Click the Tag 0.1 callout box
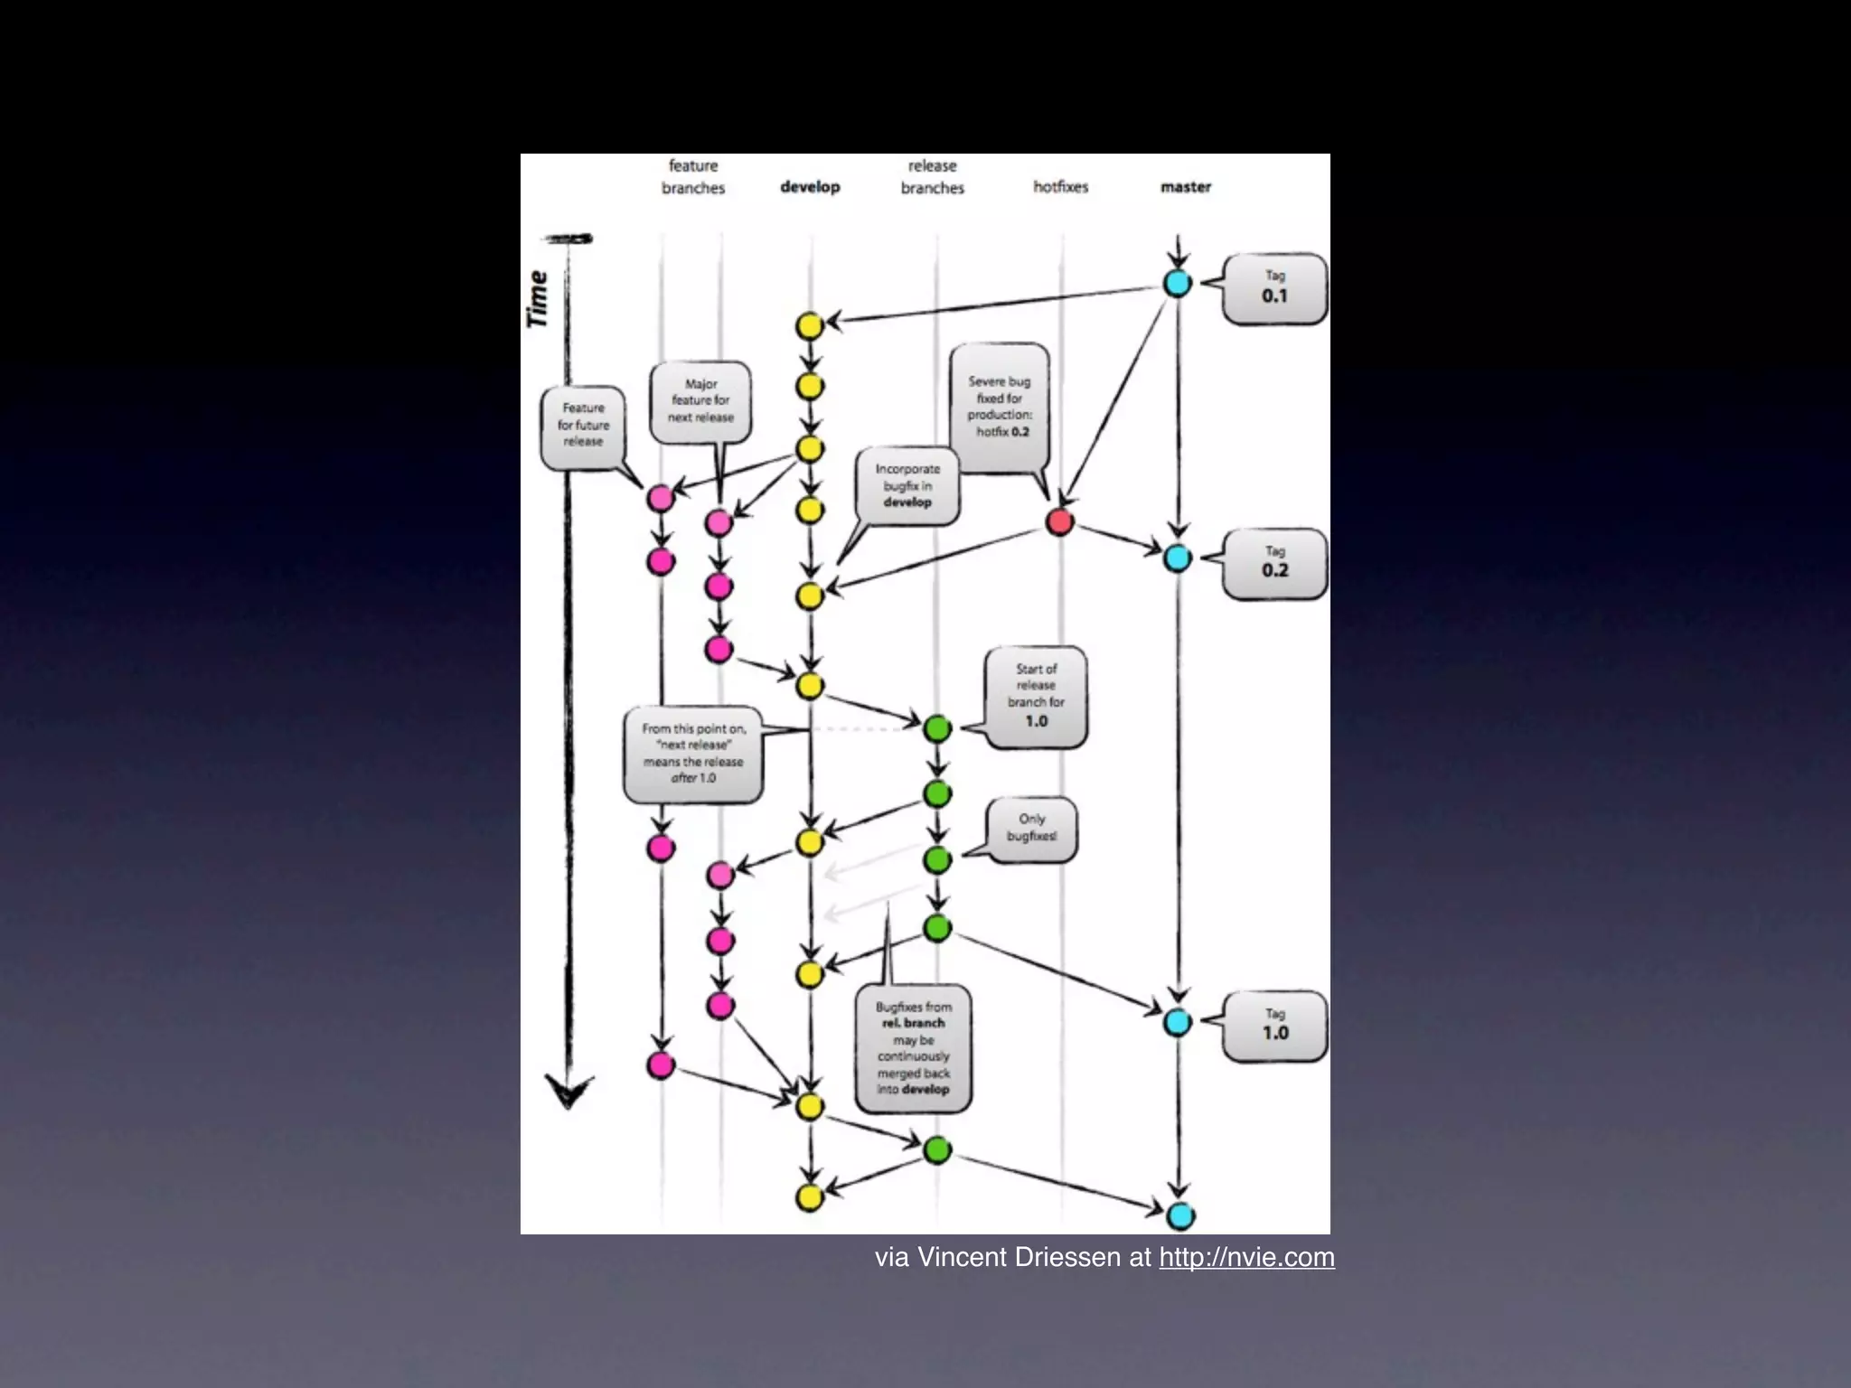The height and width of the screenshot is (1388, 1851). tap(1274, 288)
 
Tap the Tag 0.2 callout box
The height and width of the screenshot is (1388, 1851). tap(1274, 563)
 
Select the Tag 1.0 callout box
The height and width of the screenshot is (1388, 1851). tap(1274, 1026)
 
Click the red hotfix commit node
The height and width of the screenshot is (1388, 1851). tap(1059, 521)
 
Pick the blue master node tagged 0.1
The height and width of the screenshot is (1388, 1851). tap(1177, 284)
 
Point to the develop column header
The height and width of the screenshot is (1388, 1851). tap(810, 187)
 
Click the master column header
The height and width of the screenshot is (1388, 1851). tap(1185, 187)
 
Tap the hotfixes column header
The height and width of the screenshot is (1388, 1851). tap(1060, 187)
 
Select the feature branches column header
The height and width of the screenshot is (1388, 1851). tap(693, 177)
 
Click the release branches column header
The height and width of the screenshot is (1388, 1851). tap(932, 177)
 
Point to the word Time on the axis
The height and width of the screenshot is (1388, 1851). tap(537, 299)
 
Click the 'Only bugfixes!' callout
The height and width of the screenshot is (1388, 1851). tap(1031, 828)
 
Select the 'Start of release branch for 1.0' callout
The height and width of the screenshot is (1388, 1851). tap(1036, 695)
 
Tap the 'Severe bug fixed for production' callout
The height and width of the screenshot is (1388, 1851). tap(999, 406)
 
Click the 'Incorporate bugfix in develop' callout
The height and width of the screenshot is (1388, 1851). tap(907, 485)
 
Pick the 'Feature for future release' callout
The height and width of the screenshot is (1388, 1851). tap(583, 425)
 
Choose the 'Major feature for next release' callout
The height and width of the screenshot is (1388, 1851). tap(700, 401)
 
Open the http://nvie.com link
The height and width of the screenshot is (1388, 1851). tap(1246, 1257)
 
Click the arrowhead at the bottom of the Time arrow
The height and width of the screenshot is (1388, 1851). tap(568, 1091)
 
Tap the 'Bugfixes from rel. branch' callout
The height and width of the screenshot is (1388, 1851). tap(913, 1048)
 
